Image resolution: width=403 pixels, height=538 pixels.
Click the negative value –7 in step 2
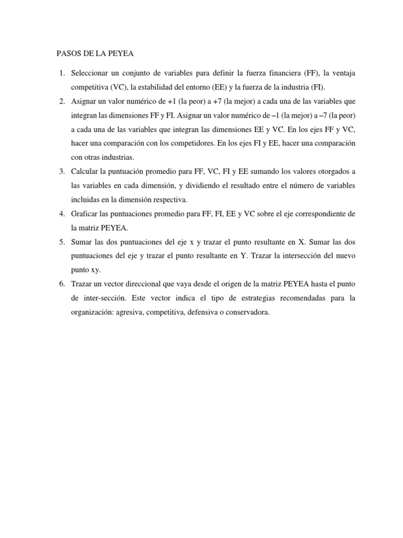(329, 115)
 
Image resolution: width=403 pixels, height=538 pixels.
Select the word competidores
(204, 143)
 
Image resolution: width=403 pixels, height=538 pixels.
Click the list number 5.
(61, 242)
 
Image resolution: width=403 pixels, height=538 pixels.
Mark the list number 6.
(61, 285)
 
